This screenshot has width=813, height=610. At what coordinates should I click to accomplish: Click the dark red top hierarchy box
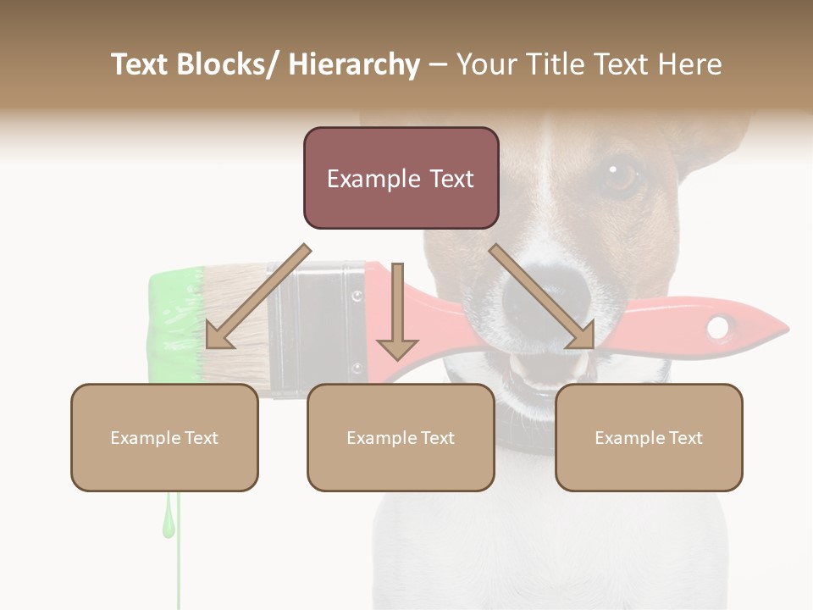coord(401,178)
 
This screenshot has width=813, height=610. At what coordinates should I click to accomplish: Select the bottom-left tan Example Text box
coord(164,437)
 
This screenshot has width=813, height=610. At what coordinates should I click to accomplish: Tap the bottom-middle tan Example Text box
coord(401,437)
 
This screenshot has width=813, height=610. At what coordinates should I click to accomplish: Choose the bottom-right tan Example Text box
coord(649,437)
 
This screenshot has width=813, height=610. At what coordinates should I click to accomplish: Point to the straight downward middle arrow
coord(397,313)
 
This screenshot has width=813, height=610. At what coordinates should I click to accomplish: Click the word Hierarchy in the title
coord(354,64)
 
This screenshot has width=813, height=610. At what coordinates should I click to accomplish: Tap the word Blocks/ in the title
coord(228,64)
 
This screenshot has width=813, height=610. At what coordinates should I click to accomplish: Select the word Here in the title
coord(689,64)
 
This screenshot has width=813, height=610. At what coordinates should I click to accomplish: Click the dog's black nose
coord(532,297)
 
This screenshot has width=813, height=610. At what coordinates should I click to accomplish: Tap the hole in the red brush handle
coord(719,326)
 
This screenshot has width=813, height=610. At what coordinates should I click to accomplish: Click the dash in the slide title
coord(438,64)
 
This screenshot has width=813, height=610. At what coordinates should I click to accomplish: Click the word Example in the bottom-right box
coord(625,438)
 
